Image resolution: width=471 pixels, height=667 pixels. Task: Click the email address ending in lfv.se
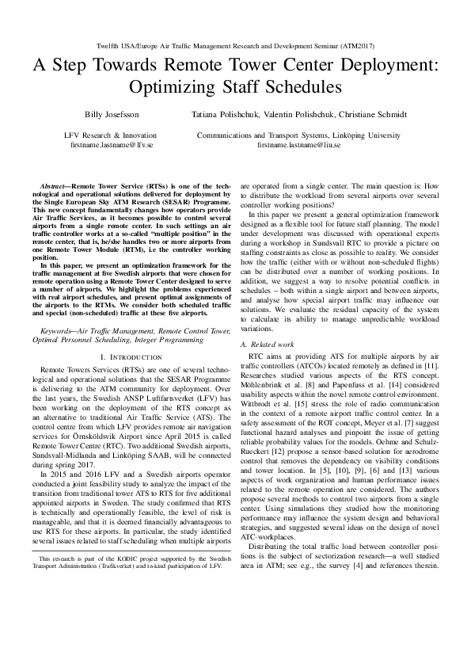pyautogui.click(x=100, y=146)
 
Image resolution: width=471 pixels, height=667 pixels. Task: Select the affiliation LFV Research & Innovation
pyautogui.click(x=100, y=136)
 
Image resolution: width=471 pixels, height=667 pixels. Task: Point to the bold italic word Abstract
pyautogui.click(x=52, y=184)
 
